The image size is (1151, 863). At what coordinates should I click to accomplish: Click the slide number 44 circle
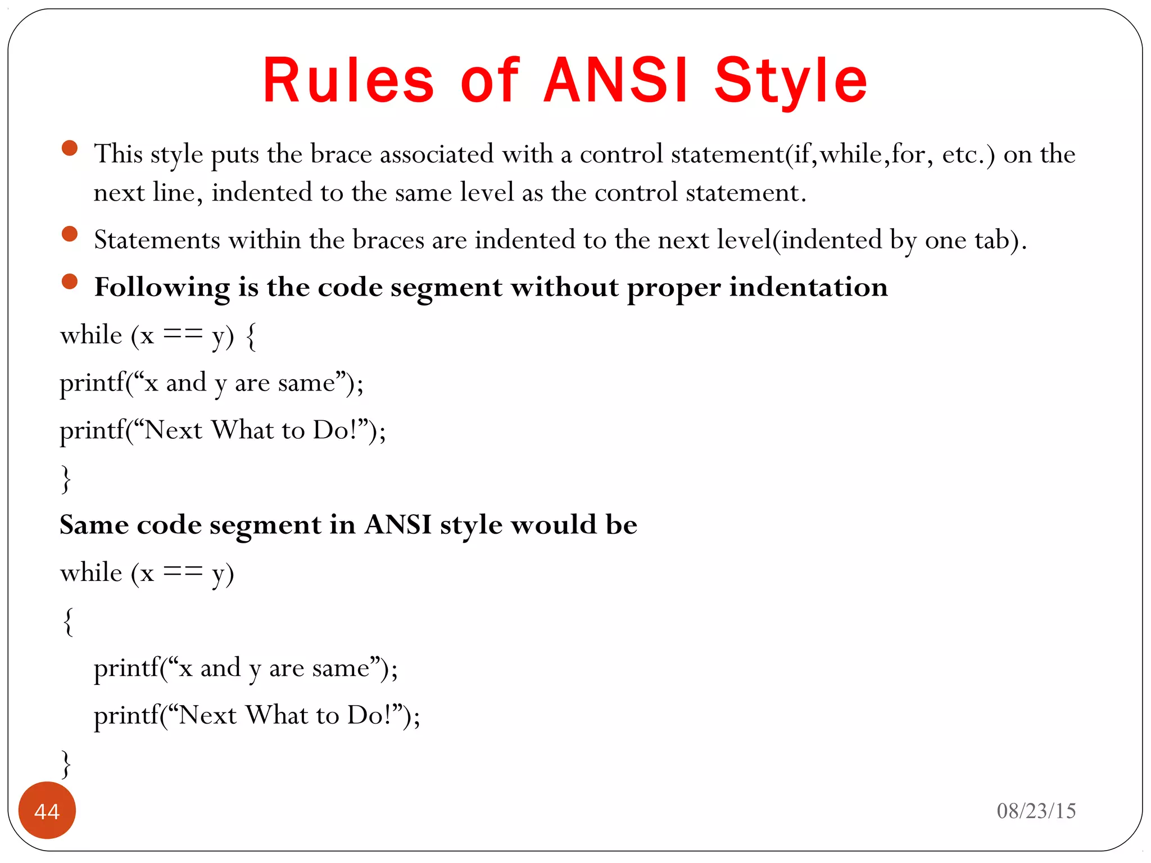click(x=47, y=810)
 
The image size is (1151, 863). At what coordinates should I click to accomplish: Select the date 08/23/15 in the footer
click(x=1036, y=811)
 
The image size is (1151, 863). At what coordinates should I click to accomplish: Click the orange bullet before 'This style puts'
click(x=70, y=148)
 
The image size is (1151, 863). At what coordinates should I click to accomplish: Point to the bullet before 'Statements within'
click(x=70, y=234)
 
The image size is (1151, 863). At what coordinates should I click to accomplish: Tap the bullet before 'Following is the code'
click(x=70, y=281)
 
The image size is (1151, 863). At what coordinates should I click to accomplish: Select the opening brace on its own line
click(x=68, y=621)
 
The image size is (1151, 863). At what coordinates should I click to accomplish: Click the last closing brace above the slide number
click(x=66, y=764)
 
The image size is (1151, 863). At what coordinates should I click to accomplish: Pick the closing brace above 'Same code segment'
click(x=66, y=479)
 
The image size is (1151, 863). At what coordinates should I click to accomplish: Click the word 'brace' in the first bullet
click(x=341, y=155)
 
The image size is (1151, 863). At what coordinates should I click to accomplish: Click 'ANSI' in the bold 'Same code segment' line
click(x=398, y=525)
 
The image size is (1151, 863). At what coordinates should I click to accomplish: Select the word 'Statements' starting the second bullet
click(x=157, y=240)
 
